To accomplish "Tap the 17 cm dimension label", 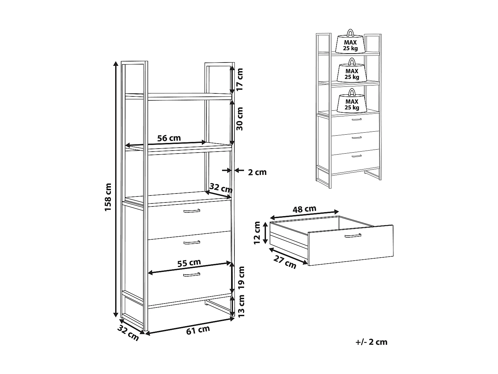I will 240,79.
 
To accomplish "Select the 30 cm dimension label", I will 240,119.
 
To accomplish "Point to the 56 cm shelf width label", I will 169,138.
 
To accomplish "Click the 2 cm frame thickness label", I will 257,172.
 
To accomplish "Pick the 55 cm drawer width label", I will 189,263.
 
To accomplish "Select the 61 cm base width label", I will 198,330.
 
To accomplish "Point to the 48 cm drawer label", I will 304,209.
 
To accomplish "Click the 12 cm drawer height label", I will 258,233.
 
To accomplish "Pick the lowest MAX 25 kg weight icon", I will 352,102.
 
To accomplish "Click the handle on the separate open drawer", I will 353,236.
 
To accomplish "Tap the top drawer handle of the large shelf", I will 192,211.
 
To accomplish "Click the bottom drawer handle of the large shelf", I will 192,275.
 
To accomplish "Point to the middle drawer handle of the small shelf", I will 356,138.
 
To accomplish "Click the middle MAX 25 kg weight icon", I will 352,71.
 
